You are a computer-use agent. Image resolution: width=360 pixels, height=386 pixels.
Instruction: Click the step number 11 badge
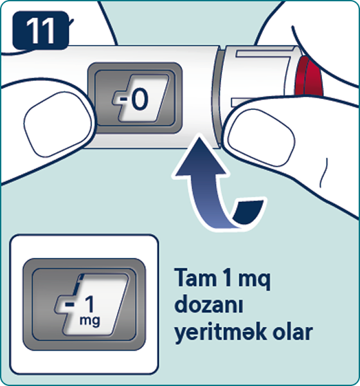[x=40, y=30]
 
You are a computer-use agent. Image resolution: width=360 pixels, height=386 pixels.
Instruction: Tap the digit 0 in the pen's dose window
[x=139, y=99]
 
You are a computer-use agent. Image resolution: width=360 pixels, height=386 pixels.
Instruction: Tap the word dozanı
[x=209, y=304]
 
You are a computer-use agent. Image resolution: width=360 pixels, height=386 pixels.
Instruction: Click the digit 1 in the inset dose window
[x=89, y=304]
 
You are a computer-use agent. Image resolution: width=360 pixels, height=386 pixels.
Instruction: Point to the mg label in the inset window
[x=89, y=321]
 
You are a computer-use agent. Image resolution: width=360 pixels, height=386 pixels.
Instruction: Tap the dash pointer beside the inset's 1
[x=69, y=304]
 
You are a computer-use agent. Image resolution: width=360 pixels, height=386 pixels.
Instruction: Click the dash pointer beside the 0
[x=124, y=99]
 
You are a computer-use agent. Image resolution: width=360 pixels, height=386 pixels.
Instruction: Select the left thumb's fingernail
[x=57, y=124]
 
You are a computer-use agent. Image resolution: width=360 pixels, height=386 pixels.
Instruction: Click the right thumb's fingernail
[x=261, y=137]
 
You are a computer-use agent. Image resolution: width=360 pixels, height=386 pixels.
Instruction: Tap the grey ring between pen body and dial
[x=216, y=98]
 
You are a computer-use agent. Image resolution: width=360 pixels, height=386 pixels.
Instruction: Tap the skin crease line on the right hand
[x=324, y=173]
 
